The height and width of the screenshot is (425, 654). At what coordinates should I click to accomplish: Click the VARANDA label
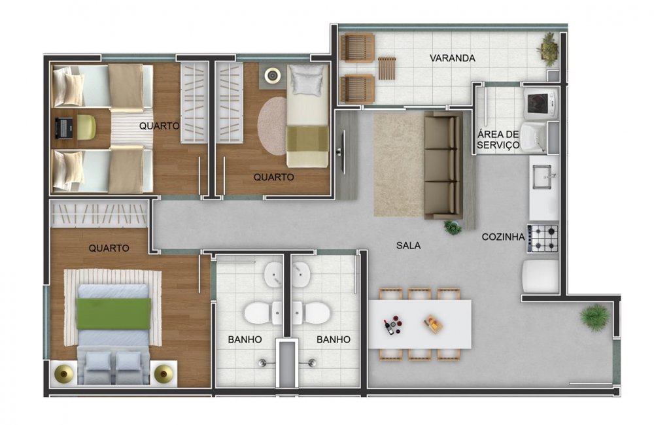pyautogui.click(x=452, y=58)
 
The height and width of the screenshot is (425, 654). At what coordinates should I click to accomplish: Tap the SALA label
pyautogui.click(x=408, y=246)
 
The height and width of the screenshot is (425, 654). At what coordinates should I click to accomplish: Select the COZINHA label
pyautogui.click(x=503, y=237)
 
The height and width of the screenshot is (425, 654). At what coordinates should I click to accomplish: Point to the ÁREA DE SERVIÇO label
pyautogui.click(x=498, y=140)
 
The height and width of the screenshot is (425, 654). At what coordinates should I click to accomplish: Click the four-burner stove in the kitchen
pyautogui.click(x=542, y=238)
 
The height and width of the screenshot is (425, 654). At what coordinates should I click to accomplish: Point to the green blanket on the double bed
pyautogui.click(x=113, y=313)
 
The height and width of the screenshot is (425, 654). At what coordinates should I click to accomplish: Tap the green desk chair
pyautogui.click(x=86, y=127)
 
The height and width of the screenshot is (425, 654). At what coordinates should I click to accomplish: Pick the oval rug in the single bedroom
pyautogui.click(x=272, y=126)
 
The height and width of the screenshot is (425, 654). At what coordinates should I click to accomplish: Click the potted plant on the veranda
pyautogui.click(x=548, y=48)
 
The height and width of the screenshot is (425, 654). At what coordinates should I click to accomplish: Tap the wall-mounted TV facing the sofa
pyautogui.click(x=343, y=152)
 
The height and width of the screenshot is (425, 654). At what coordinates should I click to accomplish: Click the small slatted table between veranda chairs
pyautogui.click(x=388, y=67)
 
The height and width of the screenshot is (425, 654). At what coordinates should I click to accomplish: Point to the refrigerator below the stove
pyautogui.click(x=540, y=277)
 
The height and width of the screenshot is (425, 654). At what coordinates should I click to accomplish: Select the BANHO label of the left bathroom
pyautogui.click(x=245, y=339)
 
